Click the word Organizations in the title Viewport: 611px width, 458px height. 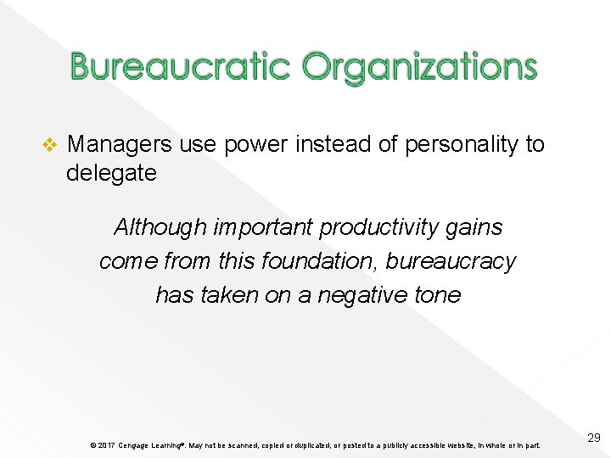point(419,66)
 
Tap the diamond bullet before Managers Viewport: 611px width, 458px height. point(48,145)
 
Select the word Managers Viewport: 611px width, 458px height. point(120,144)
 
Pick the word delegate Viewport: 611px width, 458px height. point(111,173)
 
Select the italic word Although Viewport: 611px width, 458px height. point(160,227)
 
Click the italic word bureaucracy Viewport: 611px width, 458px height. point(451,262)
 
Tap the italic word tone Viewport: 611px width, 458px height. point(437,295)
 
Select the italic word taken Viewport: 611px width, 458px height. point(228,295)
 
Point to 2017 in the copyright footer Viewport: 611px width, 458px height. point(106,445)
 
